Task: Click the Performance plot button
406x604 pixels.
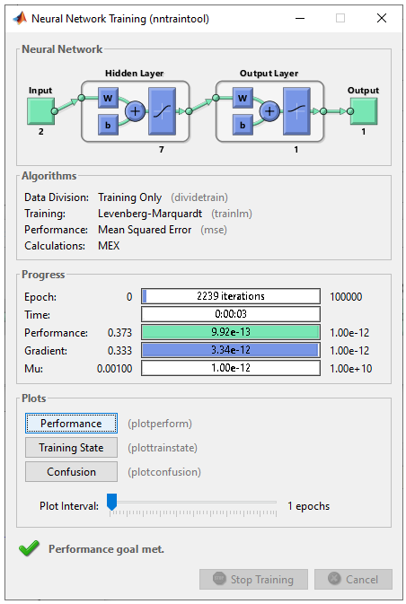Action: [71, 424]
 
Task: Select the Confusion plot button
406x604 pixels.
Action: [71, 471]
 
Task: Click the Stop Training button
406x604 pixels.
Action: [253, 579]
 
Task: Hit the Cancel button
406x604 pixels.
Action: [353, 579]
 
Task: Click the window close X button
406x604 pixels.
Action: [382, 18]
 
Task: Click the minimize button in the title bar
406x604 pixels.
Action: [300, 18]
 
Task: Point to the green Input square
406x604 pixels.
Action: [40, 111]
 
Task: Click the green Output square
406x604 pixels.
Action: [364, 111]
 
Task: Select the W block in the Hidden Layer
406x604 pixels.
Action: [108, 98]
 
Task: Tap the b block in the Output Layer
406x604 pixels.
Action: [243, 125]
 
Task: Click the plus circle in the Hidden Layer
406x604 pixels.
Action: [135, 111]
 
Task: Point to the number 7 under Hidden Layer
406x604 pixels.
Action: [162, 150]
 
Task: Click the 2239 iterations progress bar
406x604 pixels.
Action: [231, 296]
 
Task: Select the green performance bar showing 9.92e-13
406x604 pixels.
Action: [231, 332]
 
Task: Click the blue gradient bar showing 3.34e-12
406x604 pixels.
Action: [231, 350]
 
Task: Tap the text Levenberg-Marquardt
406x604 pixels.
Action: [150, 214]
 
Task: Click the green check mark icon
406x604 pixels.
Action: [30, 548]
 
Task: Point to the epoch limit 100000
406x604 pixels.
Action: [346, 296]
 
